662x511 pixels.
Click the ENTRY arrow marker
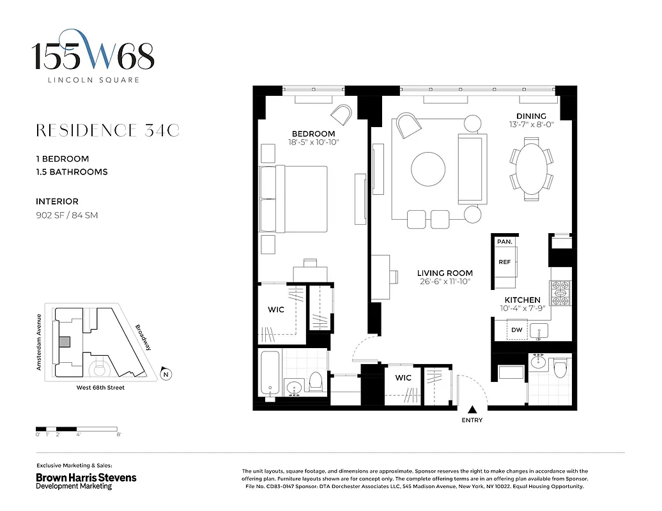coord(472,409)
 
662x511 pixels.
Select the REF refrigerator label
coord(504,262)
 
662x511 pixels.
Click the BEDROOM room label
coord(313,133)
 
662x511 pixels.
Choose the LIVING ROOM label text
coord(445,273)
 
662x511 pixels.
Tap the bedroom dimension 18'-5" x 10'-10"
coord(313,142)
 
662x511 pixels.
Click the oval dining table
coord(531,168)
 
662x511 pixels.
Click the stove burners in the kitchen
coord(560,294)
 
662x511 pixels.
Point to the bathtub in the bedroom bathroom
coord(270,373)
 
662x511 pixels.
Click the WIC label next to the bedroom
coord(276,310)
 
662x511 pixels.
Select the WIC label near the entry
coord(403,378)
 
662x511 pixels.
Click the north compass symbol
coord(166,374)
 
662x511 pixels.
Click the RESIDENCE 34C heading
coord(107,131)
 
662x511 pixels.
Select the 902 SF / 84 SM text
coord(67,215)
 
